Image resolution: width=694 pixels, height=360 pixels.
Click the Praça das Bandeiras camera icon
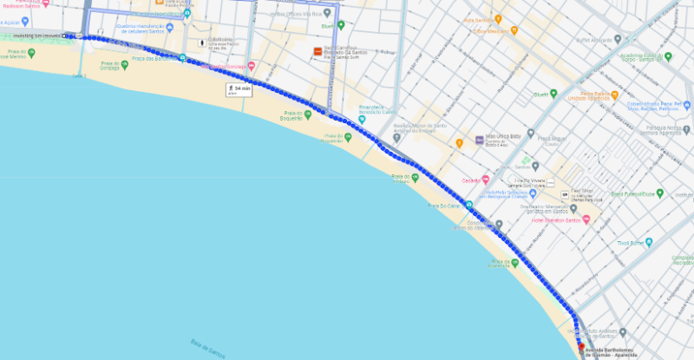point(181,59)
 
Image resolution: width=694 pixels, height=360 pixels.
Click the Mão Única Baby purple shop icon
point(478,140)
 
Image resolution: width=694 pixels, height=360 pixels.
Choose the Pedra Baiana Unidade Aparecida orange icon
point(613,95)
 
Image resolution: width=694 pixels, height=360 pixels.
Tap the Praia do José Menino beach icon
point(31,53)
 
